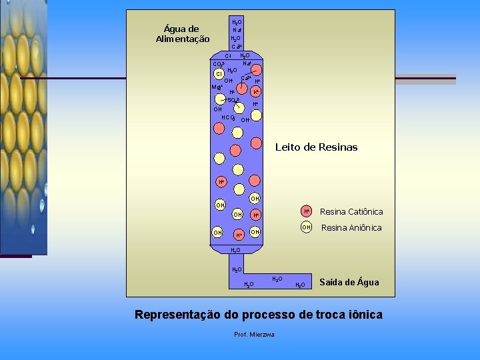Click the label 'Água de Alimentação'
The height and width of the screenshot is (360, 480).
182,33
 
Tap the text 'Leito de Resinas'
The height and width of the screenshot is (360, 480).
316,147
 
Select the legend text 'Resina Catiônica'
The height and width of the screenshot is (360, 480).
351,211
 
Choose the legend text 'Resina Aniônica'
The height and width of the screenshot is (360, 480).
351,227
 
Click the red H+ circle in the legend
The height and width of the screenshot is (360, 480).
306,211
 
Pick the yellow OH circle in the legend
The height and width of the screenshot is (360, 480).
306,227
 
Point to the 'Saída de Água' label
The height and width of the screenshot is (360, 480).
349,282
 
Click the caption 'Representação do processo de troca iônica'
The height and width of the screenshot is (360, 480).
259,314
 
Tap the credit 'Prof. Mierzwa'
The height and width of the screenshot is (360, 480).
255,334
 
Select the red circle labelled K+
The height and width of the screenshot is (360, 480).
255,91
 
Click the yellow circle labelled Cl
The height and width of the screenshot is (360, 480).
218,74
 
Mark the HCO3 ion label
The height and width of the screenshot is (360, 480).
229,117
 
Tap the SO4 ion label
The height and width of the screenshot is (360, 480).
234,100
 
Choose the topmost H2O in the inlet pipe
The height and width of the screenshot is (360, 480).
236,22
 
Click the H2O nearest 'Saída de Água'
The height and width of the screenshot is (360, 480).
301,285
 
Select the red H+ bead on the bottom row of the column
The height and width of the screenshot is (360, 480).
238,235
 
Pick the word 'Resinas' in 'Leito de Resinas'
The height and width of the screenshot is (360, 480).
336,147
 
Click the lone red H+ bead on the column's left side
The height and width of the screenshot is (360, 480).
221,182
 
